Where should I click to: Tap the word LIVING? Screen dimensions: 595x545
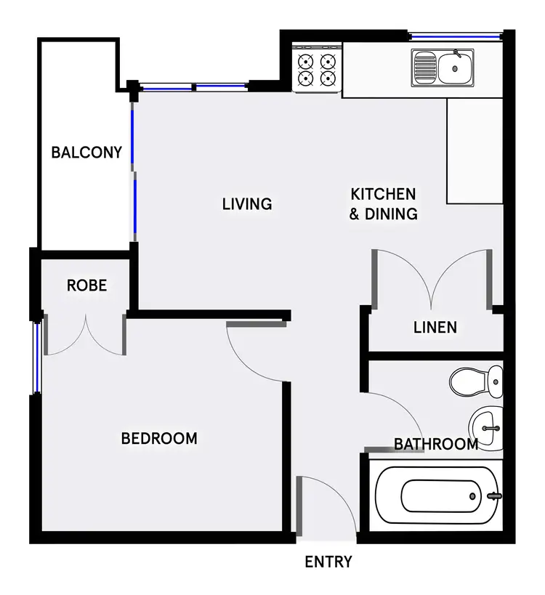(x=247, y=204)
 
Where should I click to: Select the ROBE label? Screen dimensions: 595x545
(x=86, y=286)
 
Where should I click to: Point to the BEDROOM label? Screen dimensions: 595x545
(x=159, y=439)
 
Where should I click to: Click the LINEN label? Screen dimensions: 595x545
(x=435, y=328)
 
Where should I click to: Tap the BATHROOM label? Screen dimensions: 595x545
(x=436, y=444)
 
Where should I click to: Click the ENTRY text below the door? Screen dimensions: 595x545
(x=328, y=562)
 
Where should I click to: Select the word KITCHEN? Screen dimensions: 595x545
(x=383, y=194)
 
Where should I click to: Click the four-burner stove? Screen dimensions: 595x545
(x=317, y=69)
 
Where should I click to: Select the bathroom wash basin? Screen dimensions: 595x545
(x=485, y=421)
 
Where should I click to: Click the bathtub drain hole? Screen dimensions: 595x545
(x=473, y=496)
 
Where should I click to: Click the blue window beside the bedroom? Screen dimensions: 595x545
(x=37, y=356)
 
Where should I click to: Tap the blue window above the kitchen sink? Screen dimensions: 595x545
(x=454, y=34)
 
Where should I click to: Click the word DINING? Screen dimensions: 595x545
(x=392, y=214)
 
